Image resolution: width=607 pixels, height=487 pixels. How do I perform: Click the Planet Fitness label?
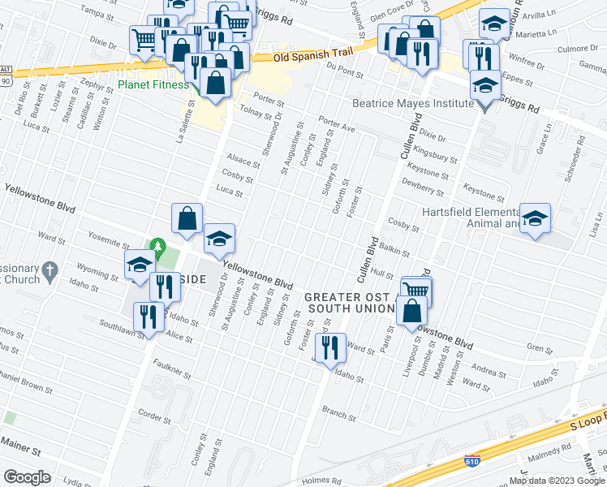[x=153, y=84]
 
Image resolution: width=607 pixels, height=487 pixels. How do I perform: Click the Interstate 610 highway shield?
[x=471, y=461]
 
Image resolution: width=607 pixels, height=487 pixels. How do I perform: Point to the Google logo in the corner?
[x=27, y=476]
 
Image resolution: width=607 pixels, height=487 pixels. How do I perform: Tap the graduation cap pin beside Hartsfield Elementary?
[x=535, y=218]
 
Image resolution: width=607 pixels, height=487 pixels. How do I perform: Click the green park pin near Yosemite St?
[x=160, y=245]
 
